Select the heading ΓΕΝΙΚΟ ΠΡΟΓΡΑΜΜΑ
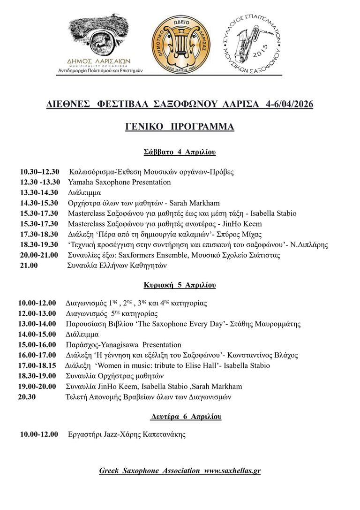[180, 127]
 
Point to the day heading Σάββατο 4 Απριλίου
[180, 152]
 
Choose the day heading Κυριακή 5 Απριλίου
[180, 285]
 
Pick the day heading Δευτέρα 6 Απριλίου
[186, 417]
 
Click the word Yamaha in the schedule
[81, 182]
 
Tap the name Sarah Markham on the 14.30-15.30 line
[191, 203]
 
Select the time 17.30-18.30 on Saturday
[39, 234]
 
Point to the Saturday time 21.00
[28, 265]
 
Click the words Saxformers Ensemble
[138, 255]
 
